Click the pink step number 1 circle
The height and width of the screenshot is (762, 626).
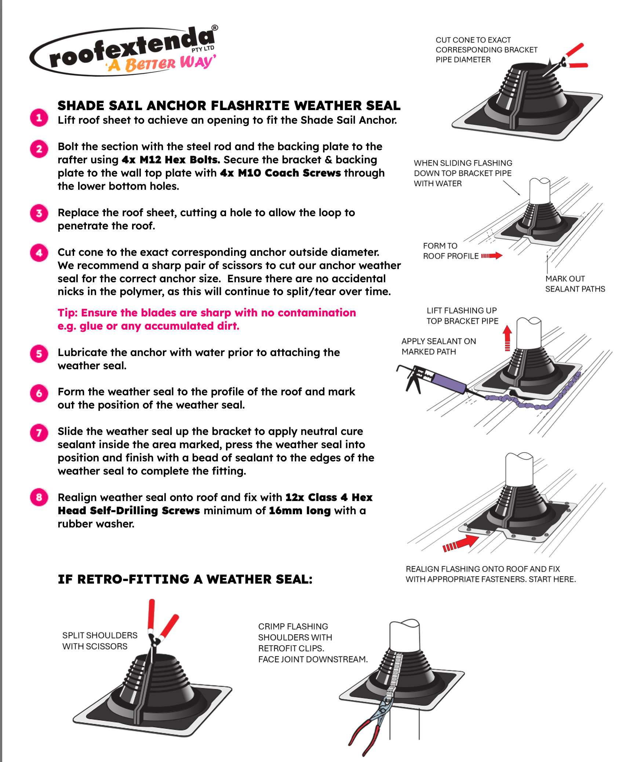[x=39, y=118]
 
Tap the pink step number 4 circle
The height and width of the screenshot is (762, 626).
[x=39, y=253]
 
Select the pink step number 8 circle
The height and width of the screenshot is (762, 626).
[x=39, y=497]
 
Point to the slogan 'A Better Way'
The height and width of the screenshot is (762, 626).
[x=161, y=63]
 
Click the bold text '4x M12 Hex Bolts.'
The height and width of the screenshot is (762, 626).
[x=171, y=160]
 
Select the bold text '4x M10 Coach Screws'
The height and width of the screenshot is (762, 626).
[x=280, y=173]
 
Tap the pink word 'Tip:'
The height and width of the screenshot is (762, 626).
[x=68, y=313]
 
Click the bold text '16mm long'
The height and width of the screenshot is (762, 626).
[x=300, y=511]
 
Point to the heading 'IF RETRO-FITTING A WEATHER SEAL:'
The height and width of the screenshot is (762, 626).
[x=185, y=579]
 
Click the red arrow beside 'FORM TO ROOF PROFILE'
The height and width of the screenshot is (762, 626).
[x=491, y=255]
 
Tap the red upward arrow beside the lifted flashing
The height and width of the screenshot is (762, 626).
[x=507, y=338]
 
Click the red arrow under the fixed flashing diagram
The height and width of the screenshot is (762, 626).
[x=461, y=543]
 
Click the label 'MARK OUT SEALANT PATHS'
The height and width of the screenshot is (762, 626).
[x=575, y=284]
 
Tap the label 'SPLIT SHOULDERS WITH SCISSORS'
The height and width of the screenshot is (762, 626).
[x=100, y=641]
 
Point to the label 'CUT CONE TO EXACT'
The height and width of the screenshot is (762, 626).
[x=473, y=40]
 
